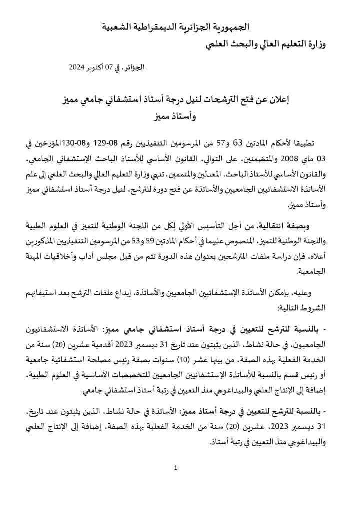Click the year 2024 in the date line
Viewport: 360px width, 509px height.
(79, 67)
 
